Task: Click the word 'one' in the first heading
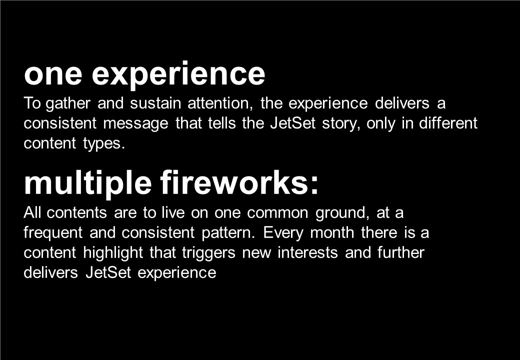pyautogui.click(x=53, y=74)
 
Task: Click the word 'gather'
pyautogui.click(x=68, y=104)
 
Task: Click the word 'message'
pyautogui.click(x=136, y=124)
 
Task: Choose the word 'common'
pyautogui.click(x=277, y=213)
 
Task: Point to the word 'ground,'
pyautogui.click(x=342, y=213)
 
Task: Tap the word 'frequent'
pyautogui.click(x=53, y=233)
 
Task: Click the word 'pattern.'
pyautogui.click(x=228, y=233)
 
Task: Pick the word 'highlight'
pyautogui.click(x=113, y=253)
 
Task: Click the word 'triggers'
pyautogui.click(x=208, y=253)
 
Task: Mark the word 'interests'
pyautogui.click(x=308, y=252)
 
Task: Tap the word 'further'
pyautogui.click(x=401, y=252)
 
